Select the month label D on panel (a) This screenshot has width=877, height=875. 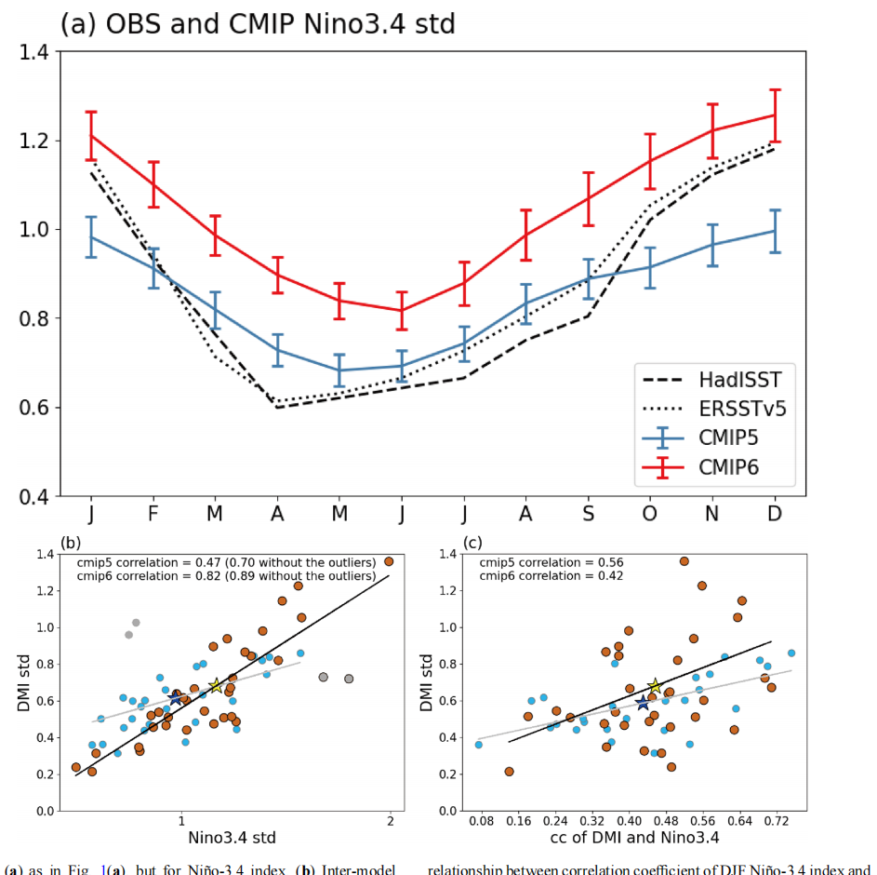774,515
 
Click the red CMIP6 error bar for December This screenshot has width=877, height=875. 774,115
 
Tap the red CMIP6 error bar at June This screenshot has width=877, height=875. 402,310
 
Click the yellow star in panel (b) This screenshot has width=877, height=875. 216,686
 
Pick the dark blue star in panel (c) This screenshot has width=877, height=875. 642,702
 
